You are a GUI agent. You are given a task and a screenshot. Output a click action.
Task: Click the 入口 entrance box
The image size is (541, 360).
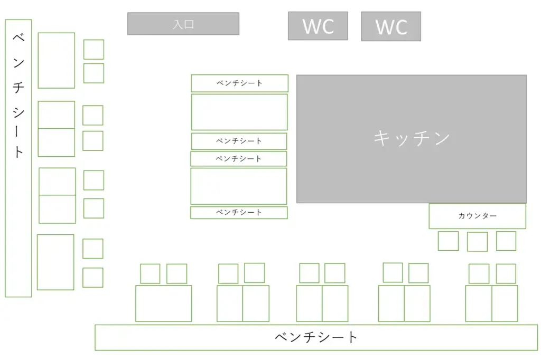pyautogui.click(x=183, y=24)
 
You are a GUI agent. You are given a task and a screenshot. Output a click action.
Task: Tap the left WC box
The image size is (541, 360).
pyautogui.click(x=318, y=26)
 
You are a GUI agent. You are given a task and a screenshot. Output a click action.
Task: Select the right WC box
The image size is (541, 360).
pyautogui.click(x=391, y=26)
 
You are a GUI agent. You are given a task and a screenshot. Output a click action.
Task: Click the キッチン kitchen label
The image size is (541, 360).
pyautogui.click(x=412, y=138)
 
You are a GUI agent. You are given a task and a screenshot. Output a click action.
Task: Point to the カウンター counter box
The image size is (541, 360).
pyautogui.click(x=478, y=216)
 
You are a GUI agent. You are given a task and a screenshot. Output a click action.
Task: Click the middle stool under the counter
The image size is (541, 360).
pyautogui.click(x=478, y=241)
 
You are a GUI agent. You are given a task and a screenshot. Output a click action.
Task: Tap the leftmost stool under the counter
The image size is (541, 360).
pyautogui.click(x=448, y=241)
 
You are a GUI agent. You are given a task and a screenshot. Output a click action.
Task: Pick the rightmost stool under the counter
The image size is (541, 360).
pyautogui.click(x=506, y=241)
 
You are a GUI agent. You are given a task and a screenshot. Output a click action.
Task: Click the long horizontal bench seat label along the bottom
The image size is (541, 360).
pyautogui.click(x=316, y=337)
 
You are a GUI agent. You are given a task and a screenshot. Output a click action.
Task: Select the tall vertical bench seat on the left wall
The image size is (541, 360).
pyautogui.click(x=18, y=158)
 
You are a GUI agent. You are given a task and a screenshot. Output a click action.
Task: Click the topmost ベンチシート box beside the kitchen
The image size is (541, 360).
pyautogui.click(x=239, y=83)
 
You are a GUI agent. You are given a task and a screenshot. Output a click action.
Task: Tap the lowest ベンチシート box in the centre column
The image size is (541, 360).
pyautogui.click(x=239, y=212)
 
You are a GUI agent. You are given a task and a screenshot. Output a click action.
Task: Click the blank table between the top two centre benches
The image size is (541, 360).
pyautogui.click(x=239, y=112)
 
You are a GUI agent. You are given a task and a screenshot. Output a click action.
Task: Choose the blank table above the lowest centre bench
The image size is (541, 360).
pyautogui.click(x=239, y=186)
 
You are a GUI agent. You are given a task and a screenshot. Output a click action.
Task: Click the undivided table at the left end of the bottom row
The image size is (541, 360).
pyautogui.click(x=164, y=304)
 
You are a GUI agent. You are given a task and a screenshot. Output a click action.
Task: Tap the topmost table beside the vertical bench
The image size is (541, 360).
pyautogui.click(x=56, y=60)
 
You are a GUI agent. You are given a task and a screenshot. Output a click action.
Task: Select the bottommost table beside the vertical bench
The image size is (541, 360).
pyautogui.click(x=55, y=262)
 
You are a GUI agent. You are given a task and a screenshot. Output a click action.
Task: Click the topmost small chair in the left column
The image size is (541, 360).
pyautogui.click(x=94, y=49)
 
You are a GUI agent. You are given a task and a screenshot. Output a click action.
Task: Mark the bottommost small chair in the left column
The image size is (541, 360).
pyautogui.click(x=93, y=278)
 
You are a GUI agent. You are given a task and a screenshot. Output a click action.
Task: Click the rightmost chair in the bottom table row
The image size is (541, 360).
pyautogui.click(x=506, y=274)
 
